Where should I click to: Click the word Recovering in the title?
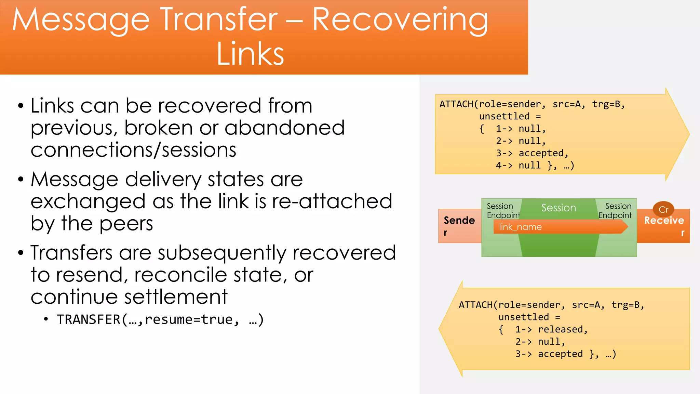400,21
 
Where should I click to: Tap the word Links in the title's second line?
250,54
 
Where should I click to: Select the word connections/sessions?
133,150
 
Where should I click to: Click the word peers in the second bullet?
126,224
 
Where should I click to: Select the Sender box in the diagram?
459,226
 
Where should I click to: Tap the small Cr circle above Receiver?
663,209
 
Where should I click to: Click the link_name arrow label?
520,227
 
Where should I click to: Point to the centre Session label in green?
558,208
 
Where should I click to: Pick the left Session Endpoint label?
502,211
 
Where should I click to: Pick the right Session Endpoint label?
615,211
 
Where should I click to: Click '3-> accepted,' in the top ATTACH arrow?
532,153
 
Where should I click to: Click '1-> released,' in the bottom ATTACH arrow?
551,329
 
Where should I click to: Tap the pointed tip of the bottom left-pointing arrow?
441,329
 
